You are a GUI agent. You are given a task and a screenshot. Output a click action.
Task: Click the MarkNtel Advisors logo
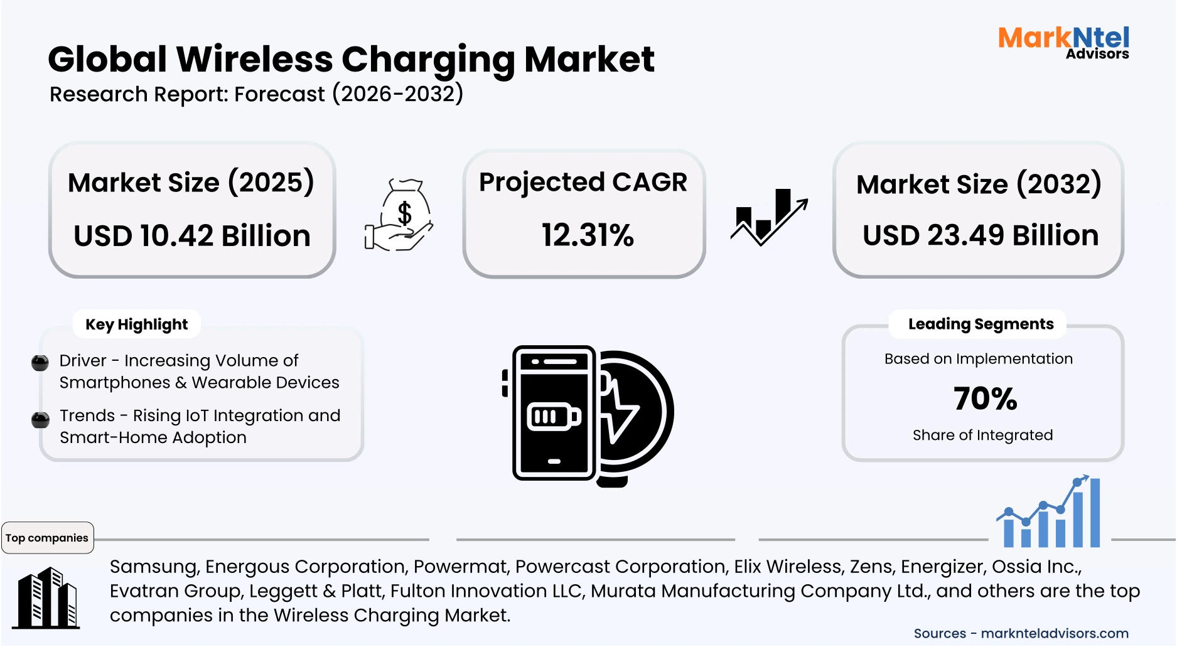pos(1063,42)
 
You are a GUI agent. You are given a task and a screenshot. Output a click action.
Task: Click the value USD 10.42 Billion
pos(192,236)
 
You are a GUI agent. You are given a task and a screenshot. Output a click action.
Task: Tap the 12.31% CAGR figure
pos(588,235)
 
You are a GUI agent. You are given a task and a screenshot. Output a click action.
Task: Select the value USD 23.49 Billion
pos(981,235)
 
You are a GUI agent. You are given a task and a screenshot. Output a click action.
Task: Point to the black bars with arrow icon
pos(769,217)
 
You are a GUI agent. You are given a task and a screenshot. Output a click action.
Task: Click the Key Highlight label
pos(136,324)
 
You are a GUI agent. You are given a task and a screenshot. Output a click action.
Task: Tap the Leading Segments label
pos(981,324)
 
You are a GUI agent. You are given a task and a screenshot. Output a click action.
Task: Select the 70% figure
pos(984,398)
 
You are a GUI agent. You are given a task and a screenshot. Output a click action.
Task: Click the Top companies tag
pos(47,538)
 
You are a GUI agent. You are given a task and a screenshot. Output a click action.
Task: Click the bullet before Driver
pos(40,363)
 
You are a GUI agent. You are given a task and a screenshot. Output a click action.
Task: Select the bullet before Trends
pos(40,419)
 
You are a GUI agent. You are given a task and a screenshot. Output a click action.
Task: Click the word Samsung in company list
pos(154,567)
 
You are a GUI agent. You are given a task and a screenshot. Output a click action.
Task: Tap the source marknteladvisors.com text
pos(1054,633)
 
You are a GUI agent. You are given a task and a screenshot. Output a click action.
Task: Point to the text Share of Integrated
pos(982,435)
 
